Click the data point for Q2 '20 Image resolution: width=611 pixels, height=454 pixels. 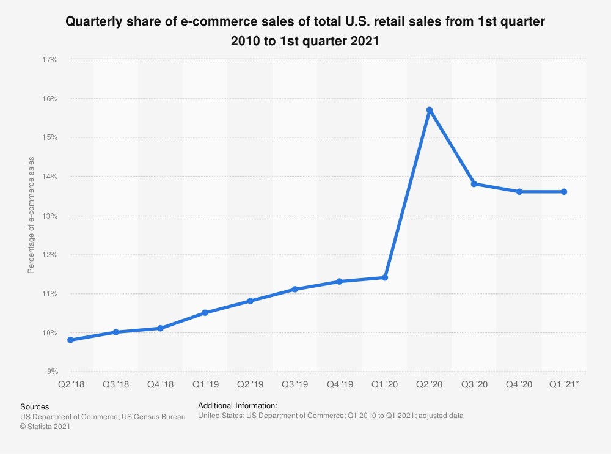[x=430, y=110]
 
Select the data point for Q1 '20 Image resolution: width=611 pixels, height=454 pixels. [x=385, y=277]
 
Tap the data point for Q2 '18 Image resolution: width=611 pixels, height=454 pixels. [x=70, y=340]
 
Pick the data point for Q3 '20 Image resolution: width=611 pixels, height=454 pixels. [x=474, y=184]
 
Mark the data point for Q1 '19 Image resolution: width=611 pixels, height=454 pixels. [x=205, y=313]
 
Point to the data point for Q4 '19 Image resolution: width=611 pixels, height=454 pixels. [x=340, y=282]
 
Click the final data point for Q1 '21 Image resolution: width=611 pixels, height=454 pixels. [x=564, y=192]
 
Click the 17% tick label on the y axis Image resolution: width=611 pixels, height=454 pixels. [x=49, y=59]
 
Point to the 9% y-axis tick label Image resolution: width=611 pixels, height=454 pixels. [x=51, y=372]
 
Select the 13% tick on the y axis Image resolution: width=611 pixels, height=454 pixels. [x=49, y=216]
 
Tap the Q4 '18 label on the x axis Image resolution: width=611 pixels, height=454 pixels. [x=160, y=386]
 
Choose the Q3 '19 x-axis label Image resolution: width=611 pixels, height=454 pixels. [x=295, y=386]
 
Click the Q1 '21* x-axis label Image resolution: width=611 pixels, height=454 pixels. [x=565, y=386]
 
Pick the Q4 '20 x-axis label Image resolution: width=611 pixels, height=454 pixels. [x=519, y=386]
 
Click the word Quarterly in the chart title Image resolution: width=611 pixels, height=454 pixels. [x=92, y=23]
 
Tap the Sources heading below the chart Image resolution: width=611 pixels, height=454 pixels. [x=35, y=406]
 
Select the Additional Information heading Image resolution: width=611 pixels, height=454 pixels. [x=238, y=405]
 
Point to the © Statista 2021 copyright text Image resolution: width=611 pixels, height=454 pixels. [x=45, y=427]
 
